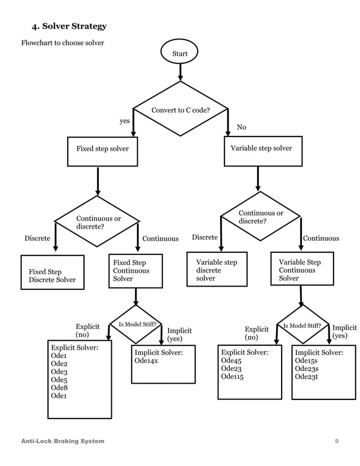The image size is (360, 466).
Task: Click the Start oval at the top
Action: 180,54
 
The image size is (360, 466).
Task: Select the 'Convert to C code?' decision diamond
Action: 181,109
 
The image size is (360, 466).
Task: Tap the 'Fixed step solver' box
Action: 102,150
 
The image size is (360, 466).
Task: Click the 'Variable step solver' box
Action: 261,149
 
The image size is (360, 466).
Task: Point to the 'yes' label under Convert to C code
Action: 125,121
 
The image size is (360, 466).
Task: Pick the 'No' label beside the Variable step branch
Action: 242,128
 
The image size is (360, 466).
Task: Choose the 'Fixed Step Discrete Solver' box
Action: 52,275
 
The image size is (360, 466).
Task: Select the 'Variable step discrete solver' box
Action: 217,270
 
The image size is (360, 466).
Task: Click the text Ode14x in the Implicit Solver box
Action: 147,361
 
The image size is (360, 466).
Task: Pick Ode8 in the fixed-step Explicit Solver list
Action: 59,388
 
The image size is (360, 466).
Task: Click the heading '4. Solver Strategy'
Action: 69,27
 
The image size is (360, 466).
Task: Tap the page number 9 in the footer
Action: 337,441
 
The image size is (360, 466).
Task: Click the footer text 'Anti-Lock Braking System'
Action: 63,441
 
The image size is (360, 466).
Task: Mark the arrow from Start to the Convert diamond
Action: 181,71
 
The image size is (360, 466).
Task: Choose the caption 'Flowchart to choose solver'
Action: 63,43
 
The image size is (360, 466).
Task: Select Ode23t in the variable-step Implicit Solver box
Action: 306,377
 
